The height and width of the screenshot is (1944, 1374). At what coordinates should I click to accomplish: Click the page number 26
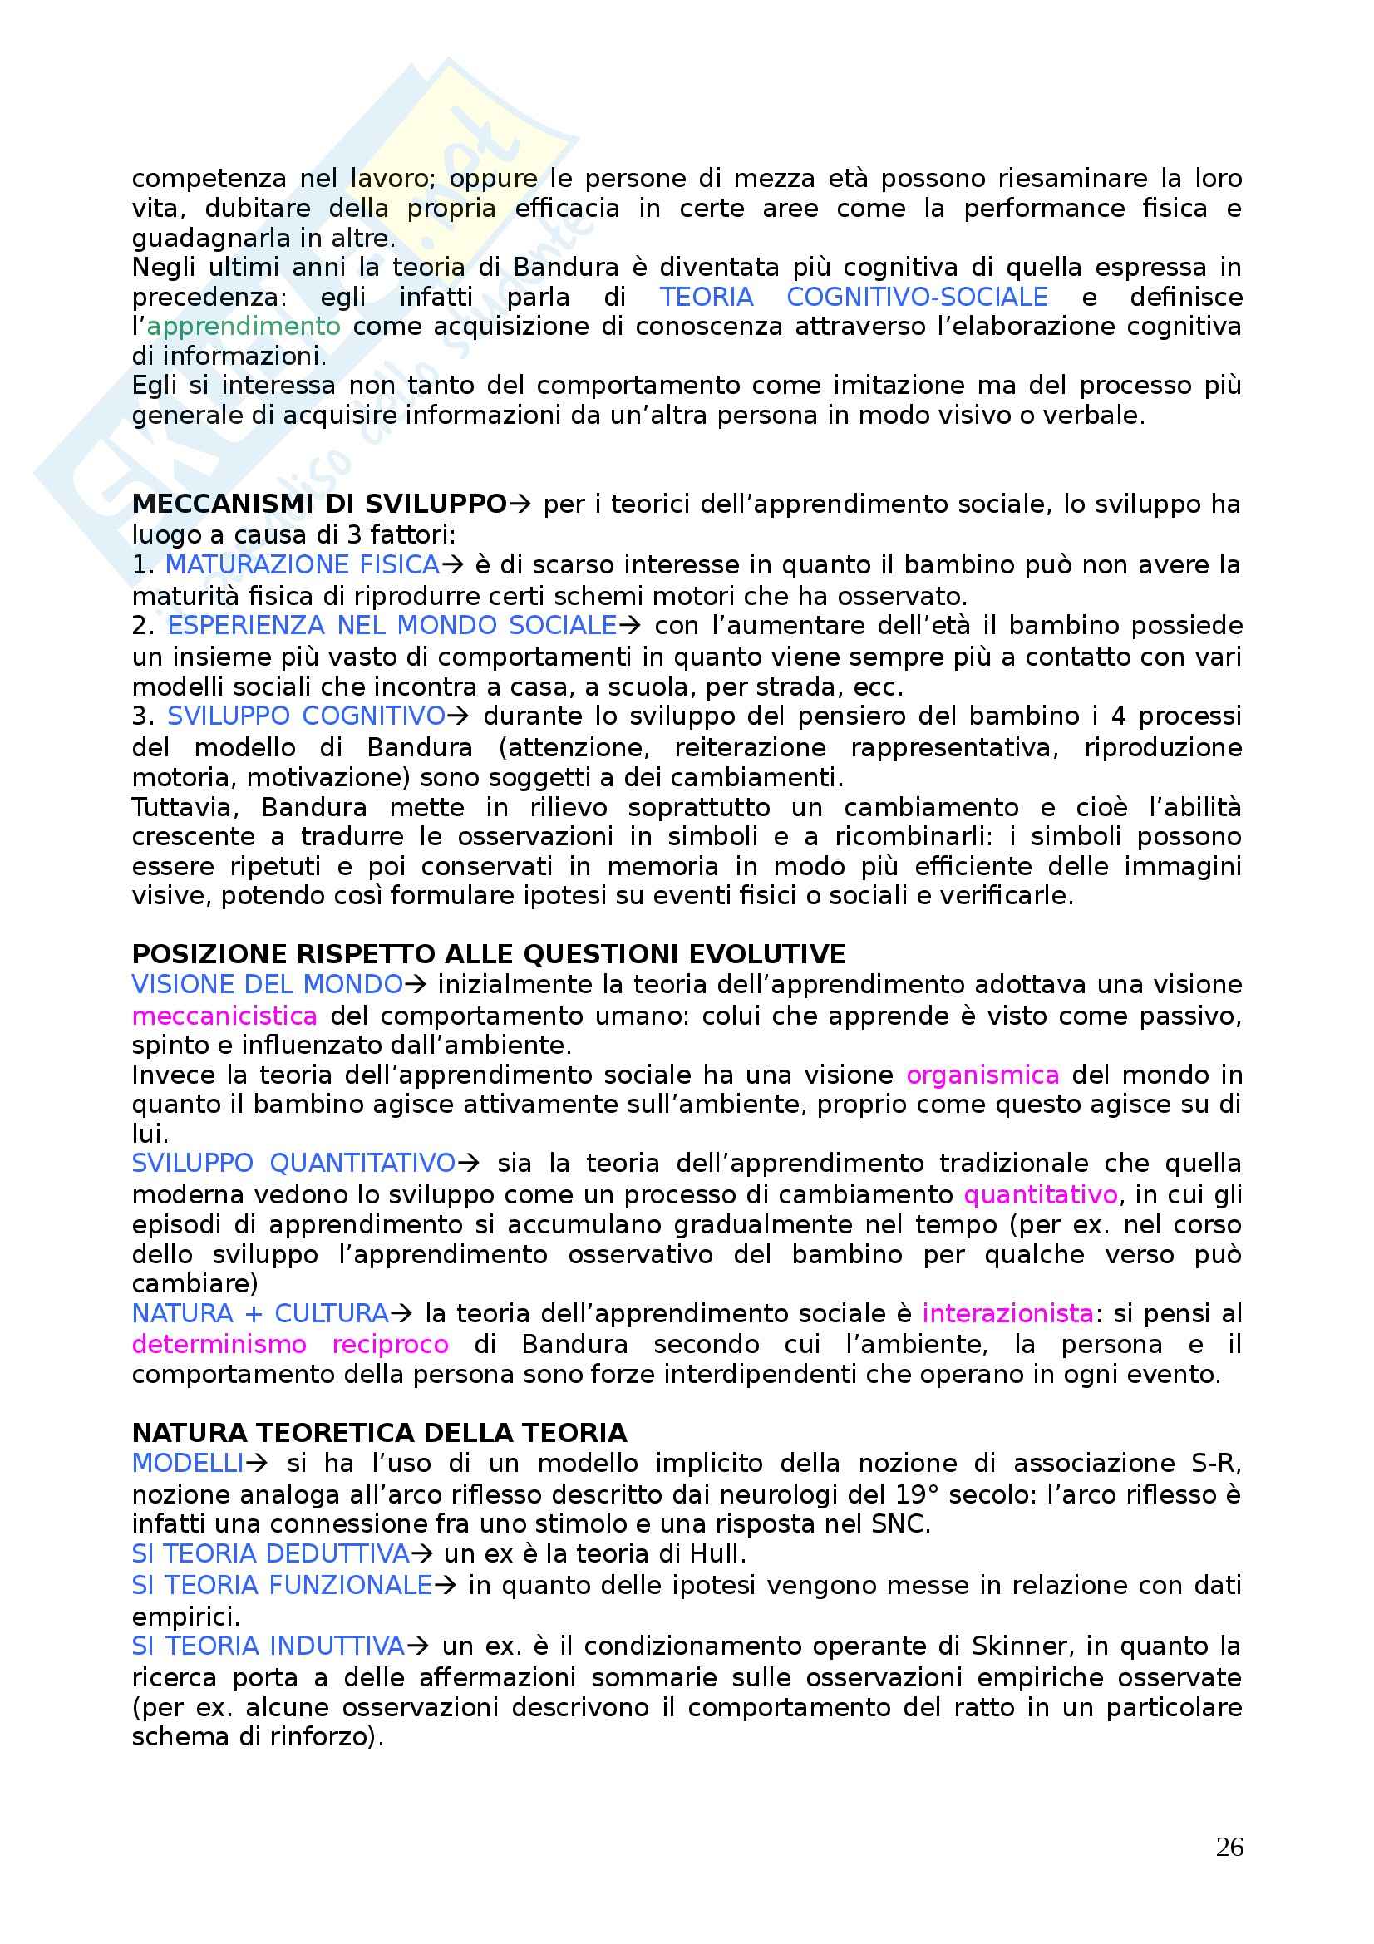click(x=1229, y=1847)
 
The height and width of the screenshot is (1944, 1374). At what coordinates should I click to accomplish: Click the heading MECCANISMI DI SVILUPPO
click(x=319, y=504)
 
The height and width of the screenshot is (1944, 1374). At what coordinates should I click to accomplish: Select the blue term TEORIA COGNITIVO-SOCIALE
click(x=854, y=298)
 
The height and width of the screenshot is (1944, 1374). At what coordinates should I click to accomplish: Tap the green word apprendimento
click(x=244, y=327)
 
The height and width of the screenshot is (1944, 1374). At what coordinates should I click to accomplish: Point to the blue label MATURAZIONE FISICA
click(x=303, y=564)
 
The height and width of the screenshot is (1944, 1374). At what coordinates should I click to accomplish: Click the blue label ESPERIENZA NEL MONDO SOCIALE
click(x=392, y=626)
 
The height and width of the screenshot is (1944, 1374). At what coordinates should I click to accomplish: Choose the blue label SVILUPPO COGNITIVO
click(x=306, y=716)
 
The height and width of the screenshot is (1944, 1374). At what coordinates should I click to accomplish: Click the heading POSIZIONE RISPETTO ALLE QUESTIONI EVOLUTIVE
click(x=489, y=954)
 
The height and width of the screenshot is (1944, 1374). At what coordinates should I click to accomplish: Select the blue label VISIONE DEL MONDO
click(x=268, y=985)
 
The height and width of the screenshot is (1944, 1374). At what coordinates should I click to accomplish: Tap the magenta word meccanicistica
click(x=224, y=1016)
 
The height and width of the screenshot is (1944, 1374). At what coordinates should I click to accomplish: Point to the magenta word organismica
click(x=982, y=1075)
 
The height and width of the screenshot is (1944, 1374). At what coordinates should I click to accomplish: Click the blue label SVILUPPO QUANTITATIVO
click(x=293, y=1164)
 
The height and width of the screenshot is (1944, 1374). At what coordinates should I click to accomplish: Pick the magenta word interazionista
click(x=1007, y=1313)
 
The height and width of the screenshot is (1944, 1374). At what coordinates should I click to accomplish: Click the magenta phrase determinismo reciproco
click(x=290, y=1345)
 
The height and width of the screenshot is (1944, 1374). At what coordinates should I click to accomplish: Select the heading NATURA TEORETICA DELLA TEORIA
click(x=379, y=1433)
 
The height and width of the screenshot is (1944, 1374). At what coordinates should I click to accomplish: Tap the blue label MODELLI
click(x=188, y=1463)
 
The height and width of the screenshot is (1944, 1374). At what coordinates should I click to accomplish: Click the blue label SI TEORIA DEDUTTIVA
click(x=271, y=1553)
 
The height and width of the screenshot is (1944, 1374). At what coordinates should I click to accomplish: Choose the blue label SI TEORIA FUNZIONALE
click(x=282, y=1585)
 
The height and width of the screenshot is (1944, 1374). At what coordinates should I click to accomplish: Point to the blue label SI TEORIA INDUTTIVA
click(x=268, y=1646)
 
